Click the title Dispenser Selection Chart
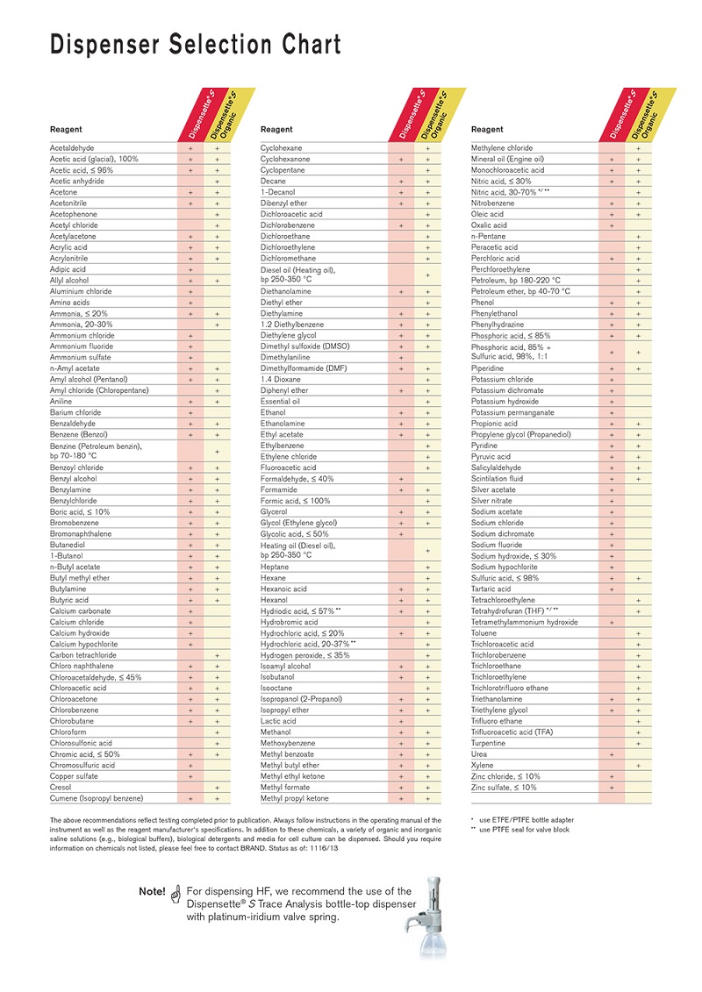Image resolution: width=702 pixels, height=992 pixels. pos(196,45)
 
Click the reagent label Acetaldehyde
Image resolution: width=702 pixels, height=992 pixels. pos(72,148)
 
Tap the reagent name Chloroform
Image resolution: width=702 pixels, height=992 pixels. pos(68,732)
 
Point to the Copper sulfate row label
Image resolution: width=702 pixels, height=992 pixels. pos(75,776)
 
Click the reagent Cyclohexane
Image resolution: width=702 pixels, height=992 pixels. pos(281,148)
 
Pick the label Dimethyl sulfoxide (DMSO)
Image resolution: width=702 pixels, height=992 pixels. pos(305,346)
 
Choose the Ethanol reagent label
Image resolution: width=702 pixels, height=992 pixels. pos(273,412)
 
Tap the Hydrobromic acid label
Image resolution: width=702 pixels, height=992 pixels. pos(289,622)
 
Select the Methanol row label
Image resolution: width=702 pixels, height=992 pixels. pos(276,732)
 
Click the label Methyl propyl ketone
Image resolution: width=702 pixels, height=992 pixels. pos(294,798)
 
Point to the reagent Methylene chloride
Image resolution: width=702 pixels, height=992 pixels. pos(502,148)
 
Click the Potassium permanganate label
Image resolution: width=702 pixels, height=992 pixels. pos(512,412)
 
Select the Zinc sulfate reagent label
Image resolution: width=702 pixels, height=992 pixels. pos(504,788)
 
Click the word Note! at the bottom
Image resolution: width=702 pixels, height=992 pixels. pos(152,892)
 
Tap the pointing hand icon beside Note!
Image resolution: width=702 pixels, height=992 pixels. pos(175,893)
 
